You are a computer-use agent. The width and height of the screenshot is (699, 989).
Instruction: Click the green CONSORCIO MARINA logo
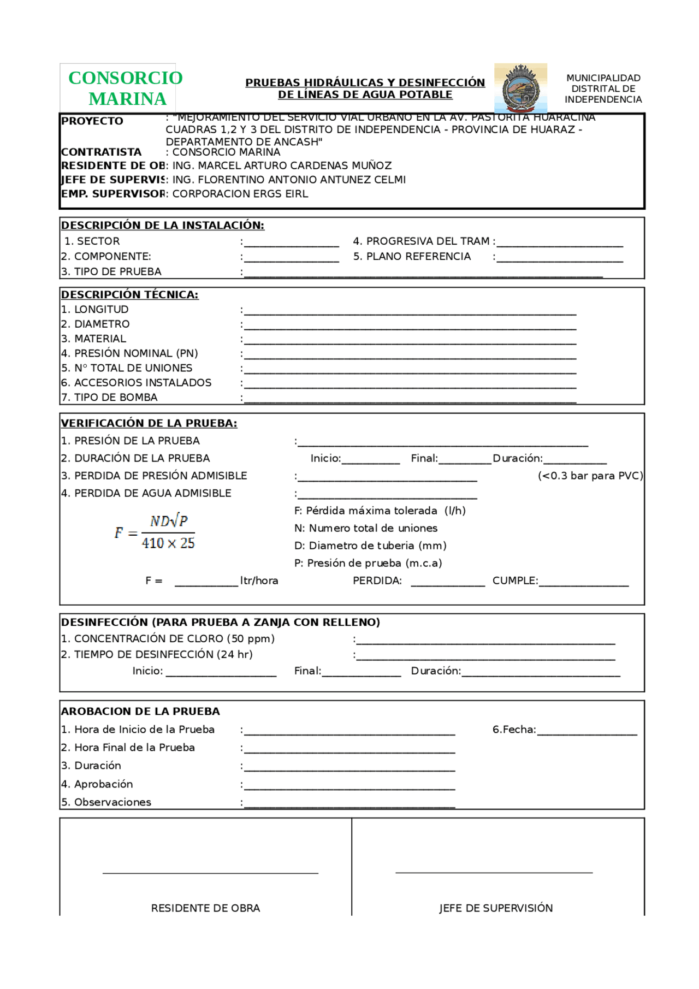click(126, 88)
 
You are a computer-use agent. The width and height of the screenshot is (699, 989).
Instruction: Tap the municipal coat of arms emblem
click(520, 88)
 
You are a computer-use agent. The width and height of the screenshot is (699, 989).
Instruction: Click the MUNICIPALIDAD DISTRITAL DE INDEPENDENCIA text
click(603, 88)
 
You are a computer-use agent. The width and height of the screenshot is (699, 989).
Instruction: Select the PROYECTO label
click(92, 121)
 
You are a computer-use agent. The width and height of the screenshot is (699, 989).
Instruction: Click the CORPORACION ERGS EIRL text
click(240, 194)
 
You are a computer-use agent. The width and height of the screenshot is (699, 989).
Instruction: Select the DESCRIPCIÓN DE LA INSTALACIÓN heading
click(163, 225)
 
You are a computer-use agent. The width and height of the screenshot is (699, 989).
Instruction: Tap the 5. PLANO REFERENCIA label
click(412, 257)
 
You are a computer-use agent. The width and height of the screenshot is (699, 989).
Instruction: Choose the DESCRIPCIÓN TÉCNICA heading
click(130, 294)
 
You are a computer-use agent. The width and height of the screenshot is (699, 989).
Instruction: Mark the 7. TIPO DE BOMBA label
click(109, 398)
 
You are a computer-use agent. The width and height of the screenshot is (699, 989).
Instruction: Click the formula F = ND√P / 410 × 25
click(156, 532)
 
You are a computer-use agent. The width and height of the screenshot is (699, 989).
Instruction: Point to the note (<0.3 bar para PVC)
click(590, 476)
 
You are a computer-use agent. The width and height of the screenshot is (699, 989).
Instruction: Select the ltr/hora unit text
click(259, 581)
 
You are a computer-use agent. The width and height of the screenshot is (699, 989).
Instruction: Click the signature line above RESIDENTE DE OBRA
click(210, 873)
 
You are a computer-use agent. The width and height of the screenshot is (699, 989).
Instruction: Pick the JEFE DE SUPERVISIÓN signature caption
click(496, 908)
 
